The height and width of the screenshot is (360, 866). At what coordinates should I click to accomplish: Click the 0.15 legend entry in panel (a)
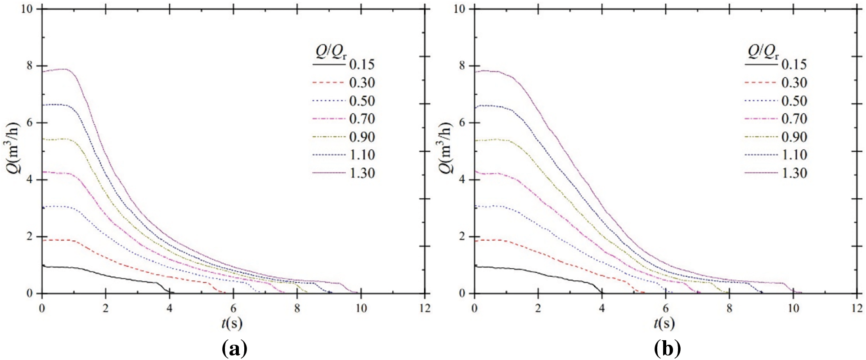tap(362, 65)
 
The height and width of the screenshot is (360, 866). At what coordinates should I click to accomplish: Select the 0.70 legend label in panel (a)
tap(362, 119)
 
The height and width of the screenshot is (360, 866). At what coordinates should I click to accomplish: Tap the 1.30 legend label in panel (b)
tap(794, 173)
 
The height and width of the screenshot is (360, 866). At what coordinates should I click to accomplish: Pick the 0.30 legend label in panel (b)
tap(794, 83)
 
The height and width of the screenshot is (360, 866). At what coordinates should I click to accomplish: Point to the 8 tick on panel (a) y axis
tap(30, 66)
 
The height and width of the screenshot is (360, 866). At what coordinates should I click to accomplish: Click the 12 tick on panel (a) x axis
tap(424, 308)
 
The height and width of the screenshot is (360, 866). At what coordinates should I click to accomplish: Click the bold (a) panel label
tap(235, 349)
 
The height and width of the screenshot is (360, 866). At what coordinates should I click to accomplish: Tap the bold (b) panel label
tap(668, 349)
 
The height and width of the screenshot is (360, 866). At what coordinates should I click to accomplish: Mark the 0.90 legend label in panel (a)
tap(362, 137)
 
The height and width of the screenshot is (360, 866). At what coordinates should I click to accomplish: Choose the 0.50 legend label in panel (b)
tap(794, 101)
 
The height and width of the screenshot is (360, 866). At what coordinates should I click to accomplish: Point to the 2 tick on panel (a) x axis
tap(105, 308)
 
